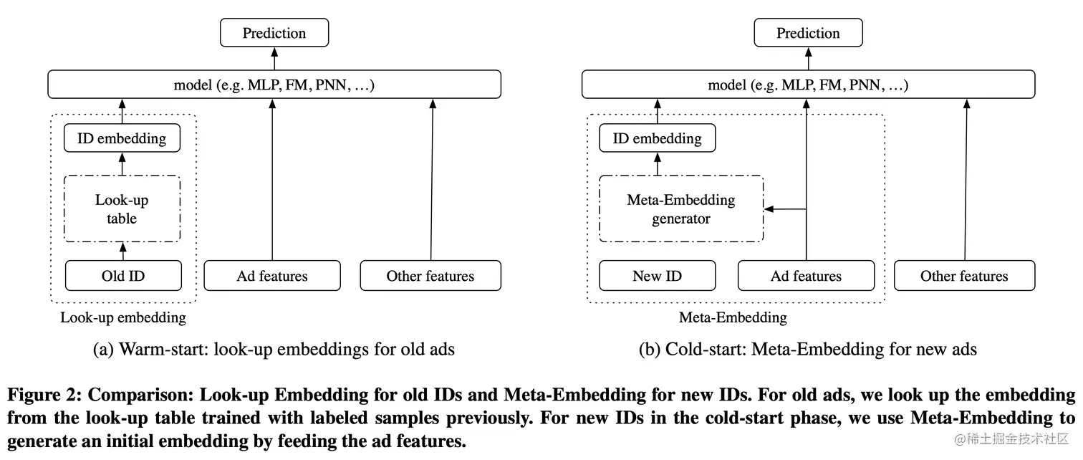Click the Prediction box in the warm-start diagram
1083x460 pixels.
(x=274, y=33)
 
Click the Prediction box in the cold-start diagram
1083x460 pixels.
(x=808, y=33)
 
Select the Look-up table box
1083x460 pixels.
(x=122, y=209)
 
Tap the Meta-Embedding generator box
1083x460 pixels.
(x=680, y=209)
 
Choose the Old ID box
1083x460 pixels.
(x=123, y=276)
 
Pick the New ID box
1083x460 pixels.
(x=657, y=276)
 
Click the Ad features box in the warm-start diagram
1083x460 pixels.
(x=272, y=276)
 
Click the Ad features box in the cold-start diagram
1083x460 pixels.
(x=806, y=276)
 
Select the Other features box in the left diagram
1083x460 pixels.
(x=430, y=276)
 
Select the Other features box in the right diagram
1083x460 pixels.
(x=964, y=276)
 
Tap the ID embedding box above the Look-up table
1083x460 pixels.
(x=122, y=138)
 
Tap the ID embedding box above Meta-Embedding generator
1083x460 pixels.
(x=657, y=138)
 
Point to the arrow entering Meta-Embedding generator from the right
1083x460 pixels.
(x=784, y=209)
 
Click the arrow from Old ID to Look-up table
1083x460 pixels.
(x=122, y=251)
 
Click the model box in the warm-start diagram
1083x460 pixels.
(x=274, y=85)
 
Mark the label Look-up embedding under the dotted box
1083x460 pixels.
(x=122, y=317)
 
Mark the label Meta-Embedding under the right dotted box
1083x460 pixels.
(x=732, y=317)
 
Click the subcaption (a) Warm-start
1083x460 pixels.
(x=274, y=350)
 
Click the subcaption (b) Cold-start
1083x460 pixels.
(x=808, y=350)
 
